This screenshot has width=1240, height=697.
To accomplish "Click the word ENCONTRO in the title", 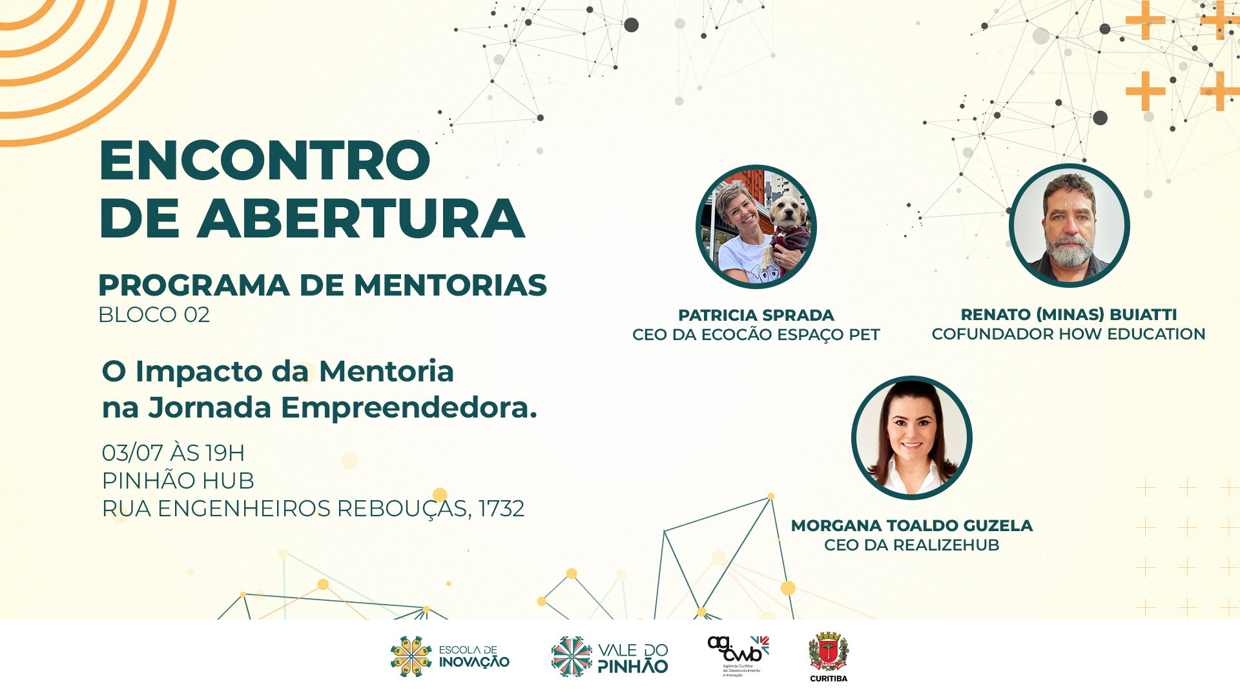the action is tap(265, 160).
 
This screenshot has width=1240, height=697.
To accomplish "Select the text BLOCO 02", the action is tap(154, 315).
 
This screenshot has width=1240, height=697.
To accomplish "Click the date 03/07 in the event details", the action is tap(132, 453).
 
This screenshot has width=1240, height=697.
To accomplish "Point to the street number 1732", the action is tap(501, 509).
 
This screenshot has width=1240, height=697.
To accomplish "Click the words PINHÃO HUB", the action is tap(178, 481).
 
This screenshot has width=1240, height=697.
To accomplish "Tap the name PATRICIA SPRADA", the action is tap(756, 316).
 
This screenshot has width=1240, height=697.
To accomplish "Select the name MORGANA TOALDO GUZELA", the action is tap(912, 526).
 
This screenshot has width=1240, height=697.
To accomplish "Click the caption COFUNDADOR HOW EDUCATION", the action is tap(1068, 334).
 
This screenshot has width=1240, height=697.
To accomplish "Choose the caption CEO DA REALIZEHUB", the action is tap(912, 545).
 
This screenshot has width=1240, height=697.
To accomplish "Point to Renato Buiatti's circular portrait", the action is tap(1069, 225).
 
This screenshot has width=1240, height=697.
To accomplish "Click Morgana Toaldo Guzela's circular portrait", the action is tap(912, 438).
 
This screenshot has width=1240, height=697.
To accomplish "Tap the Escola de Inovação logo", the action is tap(450, 656).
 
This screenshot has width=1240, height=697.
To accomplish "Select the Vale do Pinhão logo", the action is tap(610, 656).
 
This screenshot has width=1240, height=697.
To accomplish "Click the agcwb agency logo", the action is tap(738, 656).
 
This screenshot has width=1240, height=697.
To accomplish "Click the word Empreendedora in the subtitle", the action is tap(409, 408).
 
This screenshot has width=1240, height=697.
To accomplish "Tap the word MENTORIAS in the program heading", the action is tap(450, 285).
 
